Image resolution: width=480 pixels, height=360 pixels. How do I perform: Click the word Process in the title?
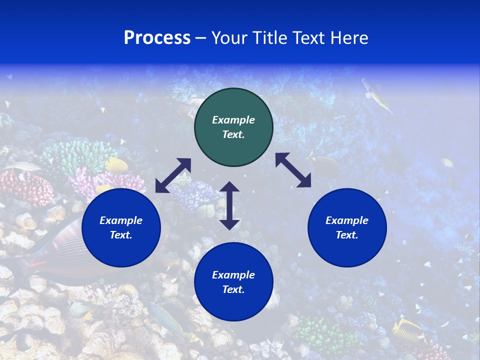tap(157, 38)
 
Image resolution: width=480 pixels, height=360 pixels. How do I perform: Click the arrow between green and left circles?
tap(173, 175)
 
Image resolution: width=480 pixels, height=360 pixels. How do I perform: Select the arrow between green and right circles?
tap(293, 170)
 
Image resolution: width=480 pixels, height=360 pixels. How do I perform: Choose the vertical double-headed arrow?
tap(229, 205)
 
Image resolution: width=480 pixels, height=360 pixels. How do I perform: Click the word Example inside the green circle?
tap(233, 120)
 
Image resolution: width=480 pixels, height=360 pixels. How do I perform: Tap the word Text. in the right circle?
tap(347, 235)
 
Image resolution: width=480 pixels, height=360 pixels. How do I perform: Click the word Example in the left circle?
tap(121, 220)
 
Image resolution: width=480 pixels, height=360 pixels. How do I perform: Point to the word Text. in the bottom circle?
tap(233, 289)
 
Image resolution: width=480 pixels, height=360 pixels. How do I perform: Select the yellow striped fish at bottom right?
tap(407, 330)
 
